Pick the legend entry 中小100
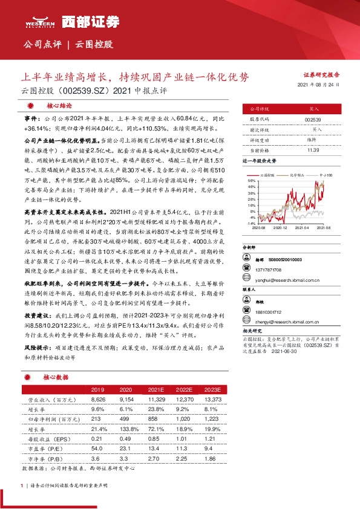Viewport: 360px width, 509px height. click(326, 175)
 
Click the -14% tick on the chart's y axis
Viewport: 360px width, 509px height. click(251, 223)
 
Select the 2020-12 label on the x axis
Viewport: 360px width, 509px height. click(282, 229)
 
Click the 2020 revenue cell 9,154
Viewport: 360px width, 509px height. click(126, 400)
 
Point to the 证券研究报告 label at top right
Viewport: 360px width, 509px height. click(321, 75)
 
